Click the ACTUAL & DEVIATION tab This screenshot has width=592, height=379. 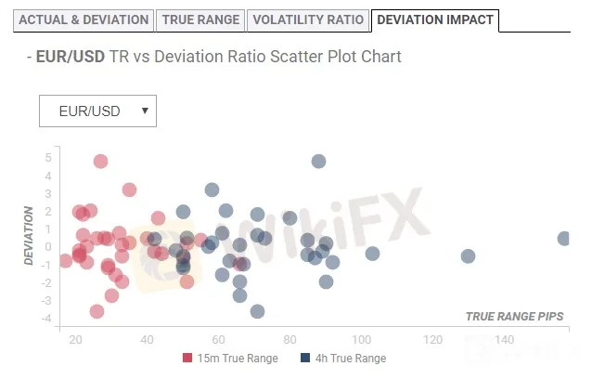(x=84, y=20)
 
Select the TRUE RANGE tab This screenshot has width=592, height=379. (x=201, y=20)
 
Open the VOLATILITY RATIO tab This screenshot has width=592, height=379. (x=307, y=20)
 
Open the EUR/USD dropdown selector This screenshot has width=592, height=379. (x=98, y=111)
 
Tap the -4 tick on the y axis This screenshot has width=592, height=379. (x=47, y=319)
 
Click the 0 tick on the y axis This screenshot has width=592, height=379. (x=48, y=247)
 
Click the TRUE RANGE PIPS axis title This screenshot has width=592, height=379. (x=515, y=317)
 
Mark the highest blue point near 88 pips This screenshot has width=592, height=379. (x=318, y=161)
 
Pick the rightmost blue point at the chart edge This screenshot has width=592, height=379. (x=564, y=239)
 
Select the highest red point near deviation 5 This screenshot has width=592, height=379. (x=100, y=161)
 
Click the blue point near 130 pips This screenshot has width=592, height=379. (x=468, y=255)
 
